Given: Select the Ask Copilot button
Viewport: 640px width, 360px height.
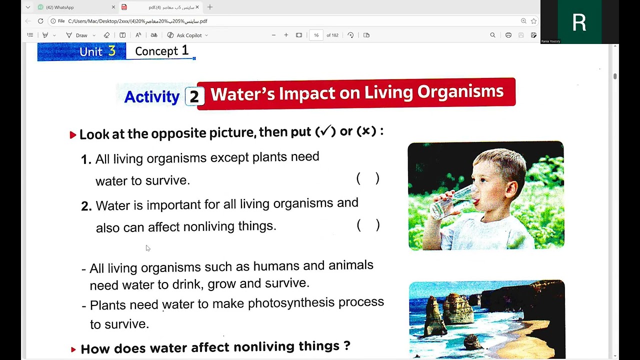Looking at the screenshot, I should tap(187, 35).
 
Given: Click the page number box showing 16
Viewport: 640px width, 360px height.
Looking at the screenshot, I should tap(316, 35).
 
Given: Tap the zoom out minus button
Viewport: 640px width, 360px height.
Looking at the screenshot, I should tap(273, 35).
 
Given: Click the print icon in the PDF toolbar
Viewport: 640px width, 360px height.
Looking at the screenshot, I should tap(508, 35).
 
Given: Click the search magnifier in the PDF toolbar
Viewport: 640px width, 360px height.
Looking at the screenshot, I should tap(492, 35).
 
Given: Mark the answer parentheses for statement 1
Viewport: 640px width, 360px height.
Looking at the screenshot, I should tap(368, 178).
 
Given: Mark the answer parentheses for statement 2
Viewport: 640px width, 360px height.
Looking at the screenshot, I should tap(368, 225).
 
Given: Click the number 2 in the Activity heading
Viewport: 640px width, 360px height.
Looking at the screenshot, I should tap(193, 96).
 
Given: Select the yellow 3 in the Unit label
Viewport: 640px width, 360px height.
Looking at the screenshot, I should tap(111, 51).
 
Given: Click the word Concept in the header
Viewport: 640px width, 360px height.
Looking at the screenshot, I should tap(156, 51).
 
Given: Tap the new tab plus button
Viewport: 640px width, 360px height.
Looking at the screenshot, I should tap(210, 7).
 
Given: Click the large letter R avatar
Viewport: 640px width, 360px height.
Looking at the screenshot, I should tap(579, 22).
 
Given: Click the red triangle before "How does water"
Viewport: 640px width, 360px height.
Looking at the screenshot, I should tap(73, 349).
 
